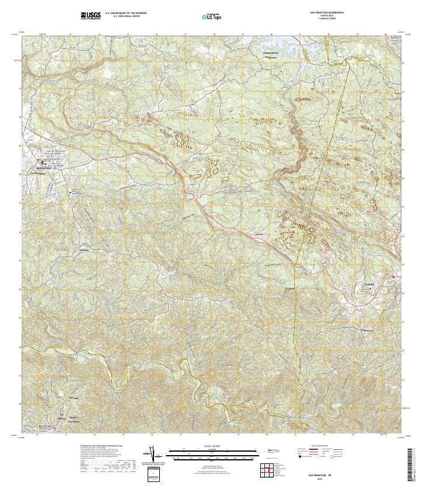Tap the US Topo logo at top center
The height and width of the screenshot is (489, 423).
(x=211, y=16)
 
